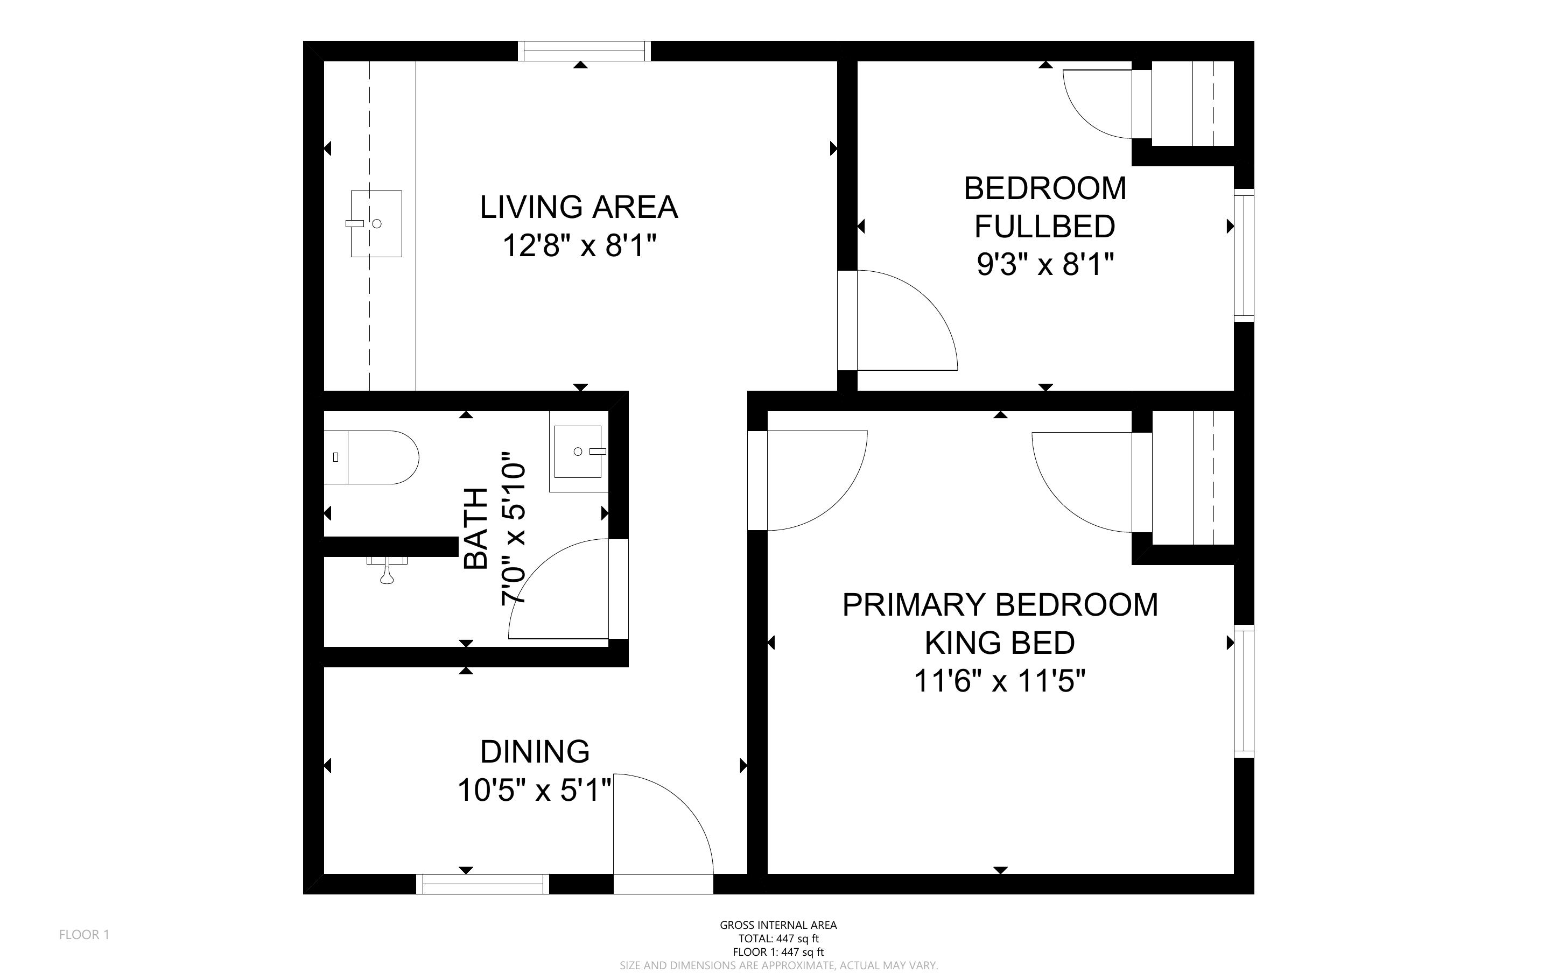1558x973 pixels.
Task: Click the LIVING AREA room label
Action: [579, 207]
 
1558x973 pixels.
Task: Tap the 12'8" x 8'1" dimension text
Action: [579, 246]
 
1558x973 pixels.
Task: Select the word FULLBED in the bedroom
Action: [1044, 227]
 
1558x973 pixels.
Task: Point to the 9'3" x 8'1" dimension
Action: [1044, 264]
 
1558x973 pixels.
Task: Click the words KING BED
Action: [999, 642]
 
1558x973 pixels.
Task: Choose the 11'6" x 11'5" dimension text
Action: [999, 681]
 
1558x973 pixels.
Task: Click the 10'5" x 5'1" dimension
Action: [534, 790]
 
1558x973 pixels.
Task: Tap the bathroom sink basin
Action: [578, 452]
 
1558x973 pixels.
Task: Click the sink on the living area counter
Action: [376, 223]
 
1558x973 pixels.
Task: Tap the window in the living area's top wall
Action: [584, 51]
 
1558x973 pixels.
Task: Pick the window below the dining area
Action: [483, 884]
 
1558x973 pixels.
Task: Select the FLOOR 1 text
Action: [85, 934]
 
